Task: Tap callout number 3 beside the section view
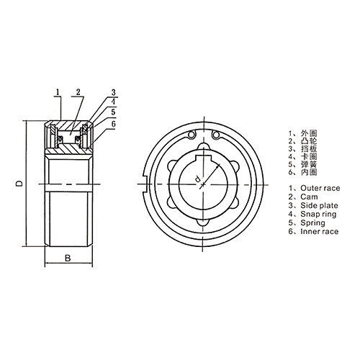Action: coord(114,93)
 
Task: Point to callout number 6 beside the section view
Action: coord(114,123)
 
